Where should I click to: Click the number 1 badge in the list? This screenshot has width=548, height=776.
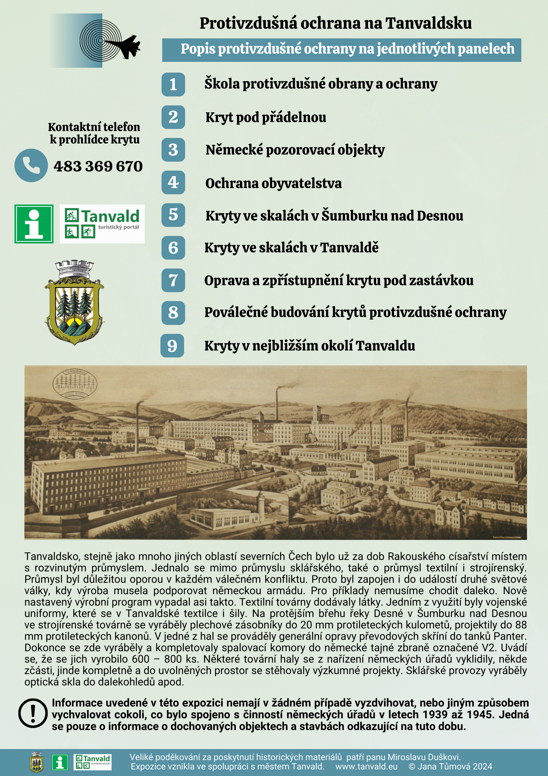click(173, 84)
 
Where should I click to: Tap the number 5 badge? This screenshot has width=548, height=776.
click(173, 215)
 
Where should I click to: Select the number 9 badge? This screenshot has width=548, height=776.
click(172, 346)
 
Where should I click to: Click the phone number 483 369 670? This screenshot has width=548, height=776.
click(98, 166)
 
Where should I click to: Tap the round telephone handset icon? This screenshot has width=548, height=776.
click(31, 166)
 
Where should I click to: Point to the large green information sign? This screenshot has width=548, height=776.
click(34, 224)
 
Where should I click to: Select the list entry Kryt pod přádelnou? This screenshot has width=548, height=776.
click(266, 118)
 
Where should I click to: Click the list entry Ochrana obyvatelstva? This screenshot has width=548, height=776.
click(273, 183)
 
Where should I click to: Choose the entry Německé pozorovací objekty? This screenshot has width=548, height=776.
click(295, 150)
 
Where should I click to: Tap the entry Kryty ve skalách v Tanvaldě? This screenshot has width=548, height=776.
click(291, 247)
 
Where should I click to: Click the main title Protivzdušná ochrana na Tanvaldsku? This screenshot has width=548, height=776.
click(335, 24)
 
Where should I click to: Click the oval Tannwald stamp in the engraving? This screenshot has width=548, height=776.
click(75, 384)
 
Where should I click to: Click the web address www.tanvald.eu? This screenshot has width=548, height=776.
click(366, 766)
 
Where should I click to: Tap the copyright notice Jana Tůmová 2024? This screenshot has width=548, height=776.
click(450, 766)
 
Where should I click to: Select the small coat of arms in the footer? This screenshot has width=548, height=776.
click(37, 762)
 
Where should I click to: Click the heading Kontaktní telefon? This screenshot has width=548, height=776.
click(94, 127)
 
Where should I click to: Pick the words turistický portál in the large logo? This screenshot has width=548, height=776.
click(118, 227)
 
